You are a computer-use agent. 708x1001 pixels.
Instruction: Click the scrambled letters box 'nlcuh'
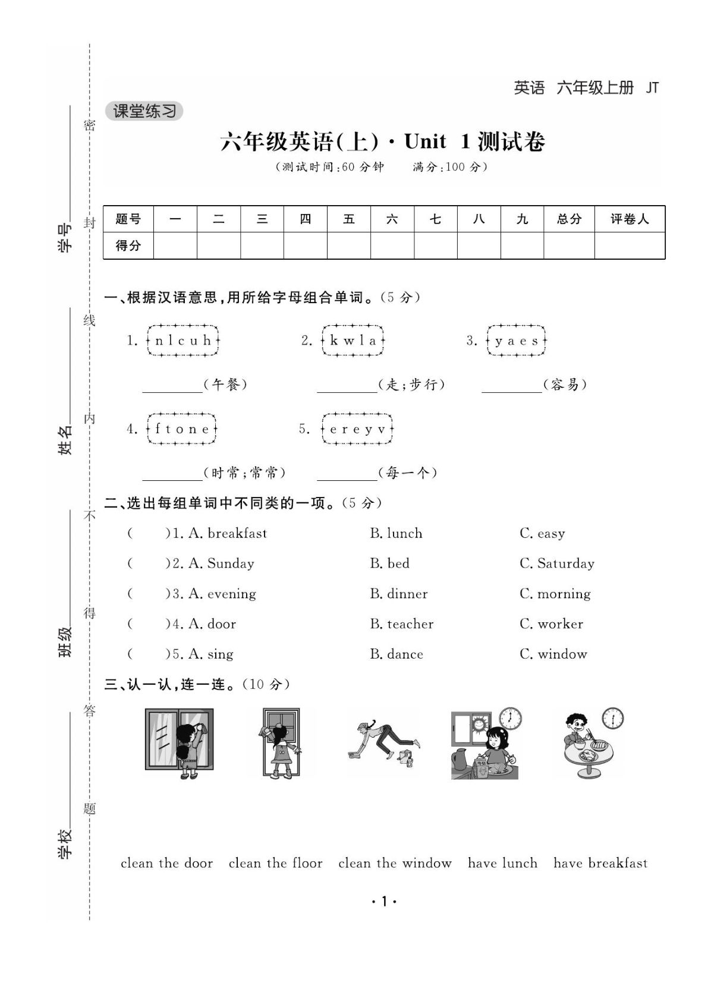pyautogui.click(x=182, y=341)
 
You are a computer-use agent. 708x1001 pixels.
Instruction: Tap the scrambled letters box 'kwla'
pyautogui.click(x=353, y=341)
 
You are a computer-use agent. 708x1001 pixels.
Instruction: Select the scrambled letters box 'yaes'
pyautogui.click(x=516, y=341)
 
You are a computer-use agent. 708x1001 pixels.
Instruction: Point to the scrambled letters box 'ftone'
pyautogui.click(x=181, y=429)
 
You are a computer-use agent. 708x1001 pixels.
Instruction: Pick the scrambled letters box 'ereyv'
pyautogui.click(x=357, y=429)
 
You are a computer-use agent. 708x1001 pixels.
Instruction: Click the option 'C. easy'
pyautogui.click(x=542, y=533)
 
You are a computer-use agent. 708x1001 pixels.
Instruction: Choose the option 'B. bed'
pyautogui.click(x=389, y=563)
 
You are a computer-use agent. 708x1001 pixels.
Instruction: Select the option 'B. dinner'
pyautogui.click(x=398, y=593)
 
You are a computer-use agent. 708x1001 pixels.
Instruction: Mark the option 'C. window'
pyautogui.click(x=553, y=654)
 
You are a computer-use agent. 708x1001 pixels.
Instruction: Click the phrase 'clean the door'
pyautogui.click(x=166, y=863)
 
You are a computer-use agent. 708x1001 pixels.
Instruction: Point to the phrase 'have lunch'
pyautogui.click(x=502, y=863)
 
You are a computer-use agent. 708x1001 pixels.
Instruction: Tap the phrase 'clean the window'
pyautogui.click(x=395, y=863)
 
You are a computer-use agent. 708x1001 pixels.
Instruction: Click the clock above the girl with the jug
pyautogui.click(x=510, y=719)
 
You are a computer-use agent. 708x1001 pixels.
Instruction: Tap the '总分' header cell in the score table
pyautogui.click(x=569, y=219)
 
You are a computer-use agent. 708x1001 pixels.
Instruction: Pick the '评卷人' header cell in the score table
pyautogui.click(x=630, y=219)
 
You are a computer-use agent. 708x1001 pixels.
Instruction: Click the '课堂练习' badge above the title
pyautogui.click(x=144, y=111)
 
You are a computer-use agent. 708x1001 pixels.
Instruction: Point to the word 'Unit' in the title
pyautogui.click(x=425, y=141)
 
